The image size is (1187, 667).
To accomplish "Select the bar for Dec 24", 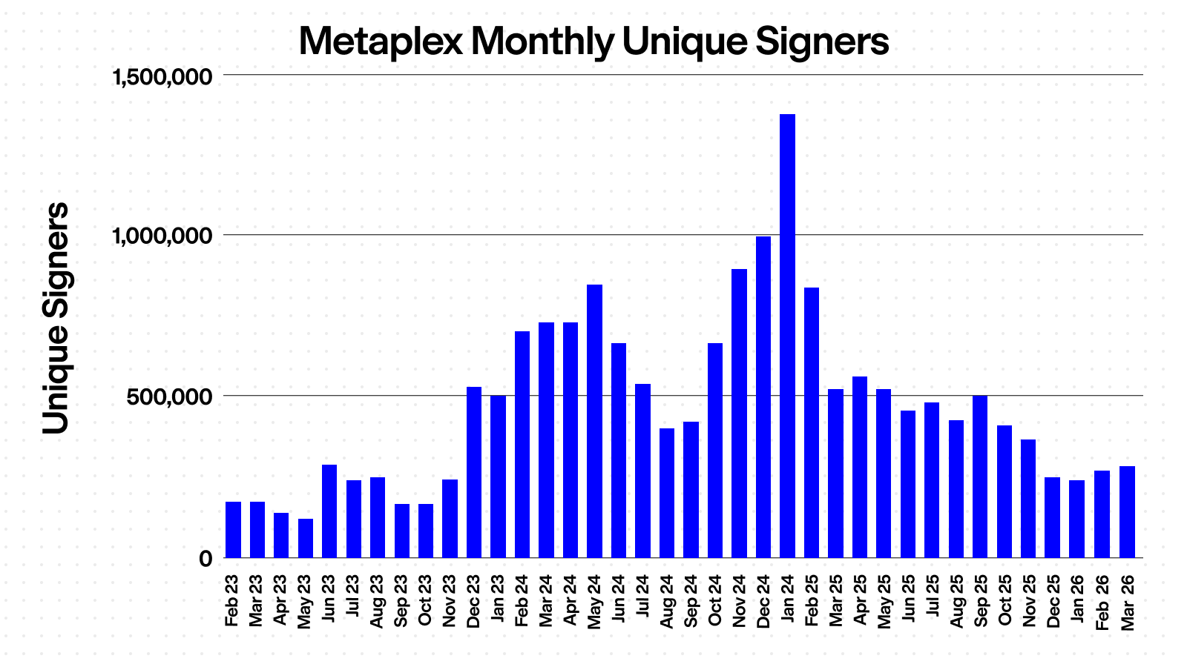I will pyautogui.click(x=763, y=396).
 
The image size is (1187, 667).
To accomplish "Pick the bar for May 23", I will pyautogui.click(x=305, y=538).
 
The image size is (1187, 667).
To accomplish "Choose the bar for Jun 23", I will pyautogui.click(x=329, y=511).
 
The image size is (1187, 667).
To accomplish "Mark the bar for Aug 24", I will pyautogui.click(x=667, y=492).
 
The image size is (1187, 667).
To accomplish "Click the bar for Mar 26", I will pyautogui.click(x=1127, y=511).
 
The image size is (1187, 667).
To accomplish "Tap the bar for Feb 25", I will pyautogui.click(x=812, y=422).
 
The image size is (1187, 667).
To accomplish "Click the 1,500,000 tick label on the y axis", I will pyautogui.click(x=162, y=76).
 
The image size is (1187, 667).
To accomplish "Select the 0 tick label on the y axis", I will pyautogui.click(x=205, y=559).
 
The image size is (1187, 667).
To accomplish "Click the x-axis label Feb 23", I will pyautogui.click(x=232, y=600).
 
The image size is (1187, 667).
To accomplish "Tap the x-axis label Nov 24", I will pyautogui.click(x=739, y=600).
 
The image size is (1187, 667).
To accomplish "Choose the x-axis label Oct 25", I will pyautogui.click(x=1004, y=600).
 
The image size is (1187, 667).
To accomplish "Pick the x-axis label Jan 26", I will pyautogui.click(x=1076, y=600).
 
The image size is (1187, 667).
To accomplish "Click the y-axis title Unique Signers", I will pyautogui.click(x=56, y=319).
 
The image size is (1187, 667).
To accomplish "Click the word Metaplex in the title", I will pyautogui.click(x=380, y=42).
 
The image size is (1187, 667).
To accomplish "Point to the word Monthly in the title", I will pyautogui.click(x=542, y=43).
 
